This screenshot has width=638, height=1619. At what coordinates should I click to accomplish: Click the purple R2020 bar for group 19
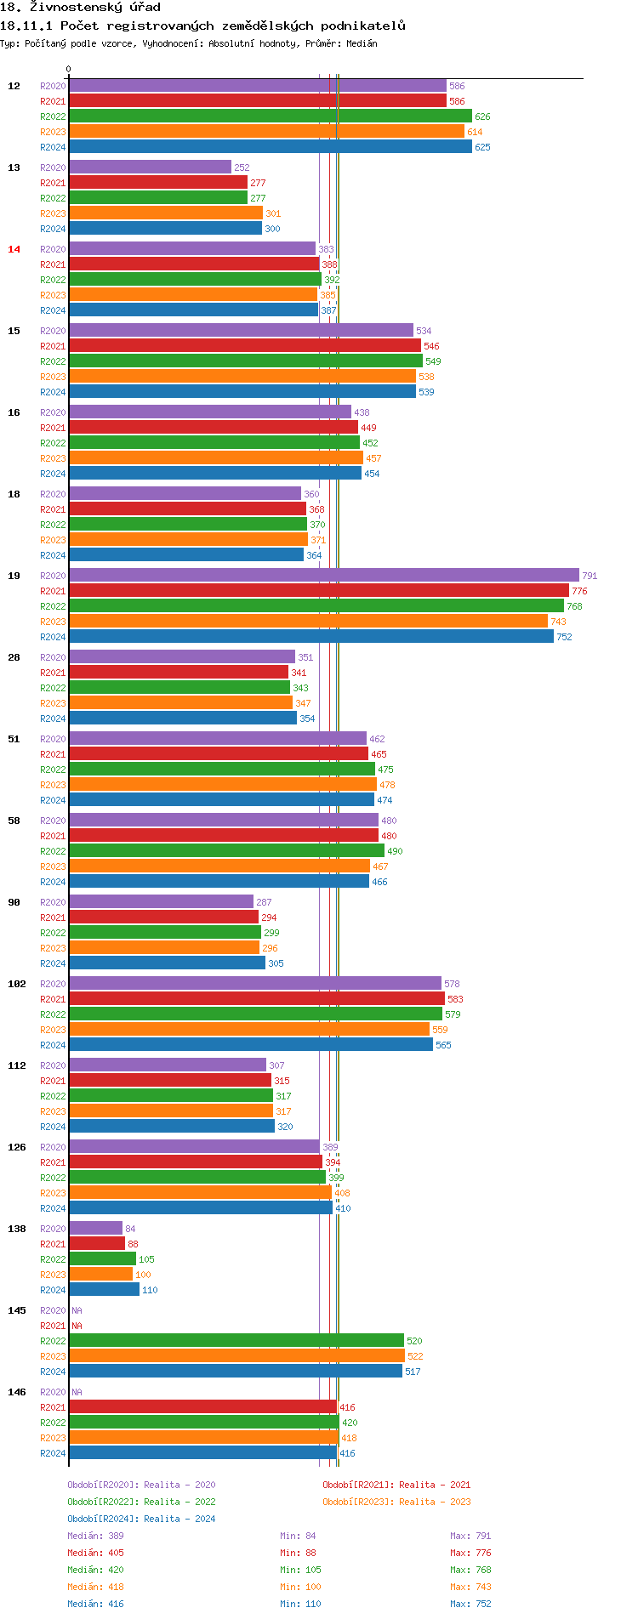[323, 576]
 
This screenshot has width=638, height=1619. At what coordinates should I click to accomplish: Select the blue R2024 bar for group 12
[270, 147]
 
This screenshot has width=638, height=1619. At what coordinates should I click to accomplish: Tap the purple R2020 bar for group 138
[95, 1229]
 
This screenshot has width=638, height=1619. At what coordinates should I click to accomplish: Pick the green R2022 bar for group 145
[236, 1341]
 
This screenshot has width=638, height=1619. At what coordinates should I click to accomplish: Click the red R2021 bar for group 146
[202, 1407]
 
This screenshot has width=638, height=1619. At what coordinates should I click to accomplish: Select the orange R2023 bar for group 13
[165, 213]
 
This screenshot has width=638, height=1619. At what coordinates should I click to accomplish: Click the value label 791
[590, 576]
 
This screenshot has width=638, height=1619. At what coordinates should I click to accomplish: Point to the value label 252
[242, 168]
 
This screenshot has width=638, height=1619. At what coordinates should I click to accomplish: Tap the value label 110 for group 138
[150, 1290]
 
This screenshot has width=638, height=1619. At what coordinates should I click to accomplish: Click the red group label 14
[14, 249]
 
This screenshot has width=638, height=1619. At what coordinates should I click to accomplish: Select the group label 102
[17, 984]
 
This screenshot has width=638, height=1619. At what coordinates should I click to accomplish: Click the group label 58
[14, 821]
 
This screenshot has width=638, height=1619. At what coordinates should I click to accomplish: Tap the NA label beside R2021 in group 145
[77, 1326]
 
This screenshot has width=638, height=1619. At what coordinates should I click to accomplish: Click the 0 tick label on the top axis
[69, 70]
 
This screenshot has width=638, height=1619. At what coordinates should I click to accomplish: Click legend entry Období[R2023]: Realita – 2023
[396, 1502]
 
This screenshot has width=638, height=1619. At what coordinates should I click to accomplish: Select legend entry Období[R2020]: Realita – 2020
[141, 1485]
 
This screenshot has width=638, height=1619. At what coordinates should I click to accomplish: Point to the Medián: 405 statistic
[95, 1553]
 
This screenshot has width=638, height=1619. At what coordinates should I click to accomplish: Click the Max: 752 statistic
[470, 1604]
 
